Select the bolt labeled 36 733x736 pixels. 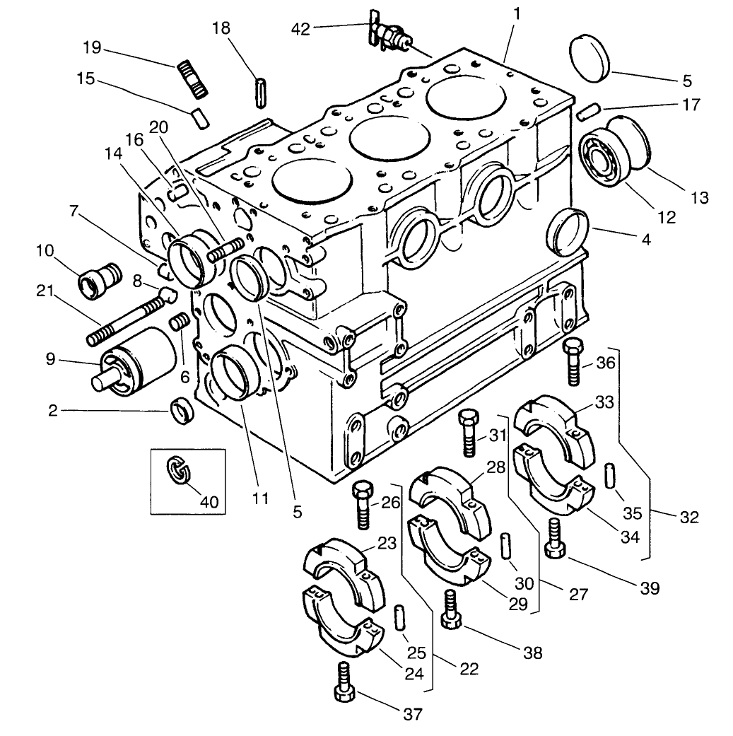(573, 361)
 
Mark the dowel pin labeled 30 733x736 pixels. (507, 549)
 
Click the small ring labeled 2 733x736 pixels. (183, 412)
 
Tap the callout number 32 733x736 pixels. (688, 517)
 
